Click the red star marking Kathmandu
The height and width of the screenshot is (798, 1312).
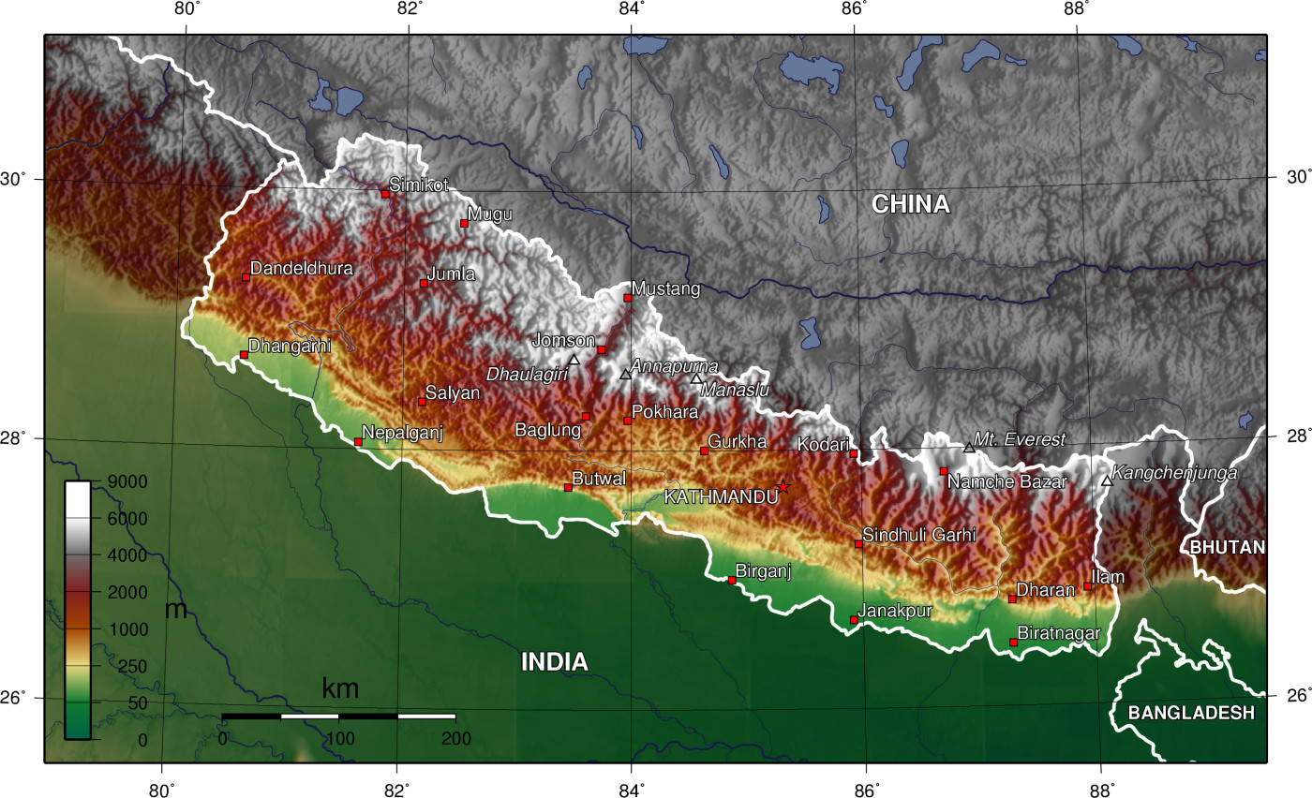click(x=783, y=487)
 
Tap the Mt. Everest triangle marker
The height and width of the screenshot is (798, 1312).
click(x=969, y=448)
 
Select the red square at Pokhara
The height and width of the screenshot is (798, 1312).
click(x=628, y=421)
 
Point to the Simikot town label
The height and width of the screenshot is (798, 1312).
click(x=419, y=185)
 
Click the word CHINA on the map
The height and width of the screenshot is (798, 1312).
click(x=910, y=204)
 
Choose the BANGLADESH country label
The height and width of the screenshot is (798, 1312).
click(x=1190, y=713)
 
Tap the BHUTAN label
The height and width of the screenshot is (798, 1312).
click(x=1227, y=547)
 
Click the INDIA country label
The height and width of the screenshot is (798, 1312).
click(x=554, y=662)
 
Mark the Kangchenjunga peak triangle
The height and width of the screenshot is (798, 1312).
click(x=1107, y=480)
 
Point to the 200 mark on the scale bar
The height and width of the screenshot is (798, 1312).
click(x=455, y=739)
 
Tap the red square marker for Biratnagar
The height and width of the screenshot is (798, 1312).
click(x=1013, y=643)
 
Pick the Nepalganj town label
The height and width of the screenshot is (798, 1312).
click(x=401, y=433)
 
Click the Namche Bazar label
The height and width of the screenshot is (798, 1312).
click(x=1006, y=482)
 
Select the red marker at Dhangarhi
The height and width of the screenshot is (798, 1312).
click(x=244, y=355)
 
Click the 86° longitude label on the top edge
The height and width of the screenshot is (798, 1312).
click(x=853, y=10)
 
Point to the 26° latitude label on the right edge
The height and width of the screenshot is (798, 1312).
click(x=1288, y=696)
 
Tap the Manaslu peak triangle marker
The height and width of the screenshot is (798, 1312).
click(x=696, y=378)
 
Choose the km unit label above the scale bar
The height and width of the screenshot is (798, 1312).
click(x=339, y=689)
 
